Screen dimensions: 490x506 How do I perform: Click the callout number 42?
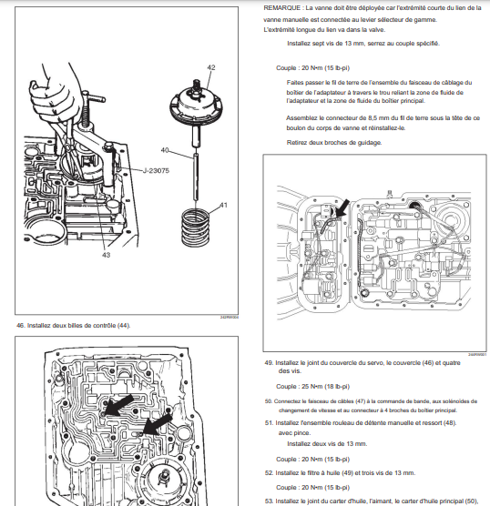[211, 67]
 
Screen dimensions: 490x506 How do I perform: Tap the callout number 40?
[165, 150]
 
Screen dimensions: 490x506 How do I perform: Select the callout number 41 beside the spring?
[223, 205]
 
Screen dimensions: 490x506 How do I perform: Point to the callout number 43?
[106, 255]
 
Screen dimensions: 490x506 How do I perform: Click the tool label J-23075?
[156, 170]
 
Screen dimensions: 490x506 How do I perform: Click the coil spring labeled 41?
[196, 228]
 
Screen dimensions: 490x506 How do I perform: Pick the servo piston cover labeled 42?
[197, 103]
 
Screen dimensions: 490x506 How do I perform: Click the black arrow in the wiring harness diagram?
[342, 208]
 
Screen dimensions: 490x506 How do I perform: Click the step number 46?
[20, 325]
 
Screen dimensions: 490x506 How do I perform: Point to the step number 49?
[269, 363]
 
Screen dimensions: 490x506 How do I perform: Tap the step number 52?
[269, 472]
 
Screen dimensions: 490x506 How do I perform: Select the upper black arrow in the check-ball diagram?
[119, 405]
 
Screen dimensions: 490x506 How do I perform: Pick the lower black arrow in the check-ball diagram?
[158, 425]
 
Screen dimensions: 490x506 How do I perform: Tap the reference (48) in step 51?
[450, 423]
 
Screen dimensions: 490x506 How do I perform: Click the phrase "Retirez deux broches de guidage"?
[334, 142]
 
